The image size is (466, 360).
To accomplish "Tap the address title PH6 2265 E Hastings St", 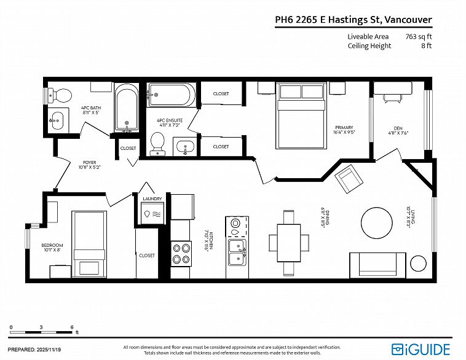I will click(353, 20).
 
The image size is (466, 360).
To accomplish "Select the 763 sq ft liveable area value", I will click(418, 36).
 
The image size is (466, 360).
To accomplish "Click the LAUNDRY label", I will click(151, 199).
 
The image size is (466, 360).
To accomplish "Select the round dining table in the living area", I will click(376, 221).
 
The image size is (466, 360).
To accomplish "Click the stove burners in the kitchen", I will click(181, 254).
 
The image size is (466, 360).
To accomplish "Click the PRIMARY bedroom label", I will click(344, 130).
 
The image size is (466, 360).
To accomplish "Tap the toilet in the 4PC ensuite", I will click(158, 142).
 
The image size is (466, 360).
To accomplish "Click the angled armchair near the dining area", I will click(351, 178).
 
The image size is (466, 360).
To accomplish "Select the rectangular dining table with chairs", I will click(288, 237).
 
